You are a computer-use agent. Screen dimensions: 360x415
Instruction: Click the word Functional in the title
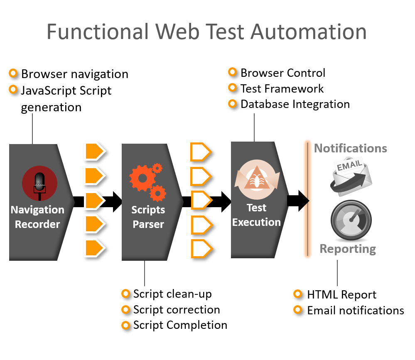pos(97,32)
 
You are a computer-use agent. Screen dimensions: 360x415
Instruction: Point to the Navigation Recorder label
pos(37,217)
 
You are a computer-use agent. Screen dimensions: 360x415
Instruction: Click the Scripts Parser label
pos(148,217)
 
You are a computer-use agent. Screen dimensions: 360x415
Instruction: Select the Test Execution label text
pos(256,215)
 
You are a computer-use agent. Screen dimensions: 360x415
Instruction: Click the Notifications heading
pos(351,148)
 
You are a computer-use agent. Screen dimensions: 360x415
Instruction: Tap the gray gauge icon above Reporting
pos(351,220)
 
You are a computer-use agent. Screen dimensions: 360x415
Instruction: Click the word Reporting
pos(348,249)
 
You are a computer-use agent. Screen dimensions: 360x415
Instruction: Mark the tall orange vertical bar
pos(307,199)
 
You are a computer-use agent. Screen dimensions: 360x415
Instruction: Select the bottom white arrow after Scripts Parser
pos(201,249)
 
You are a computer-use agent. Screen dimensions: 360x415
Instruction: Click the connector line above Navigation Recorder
pos(32,129)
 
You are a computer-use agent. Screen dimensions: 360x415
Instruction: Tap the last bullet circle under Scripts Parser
pos(125,325)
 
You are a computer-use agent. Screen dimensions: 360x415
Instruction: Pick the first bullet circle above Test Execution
pos(233,72)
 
